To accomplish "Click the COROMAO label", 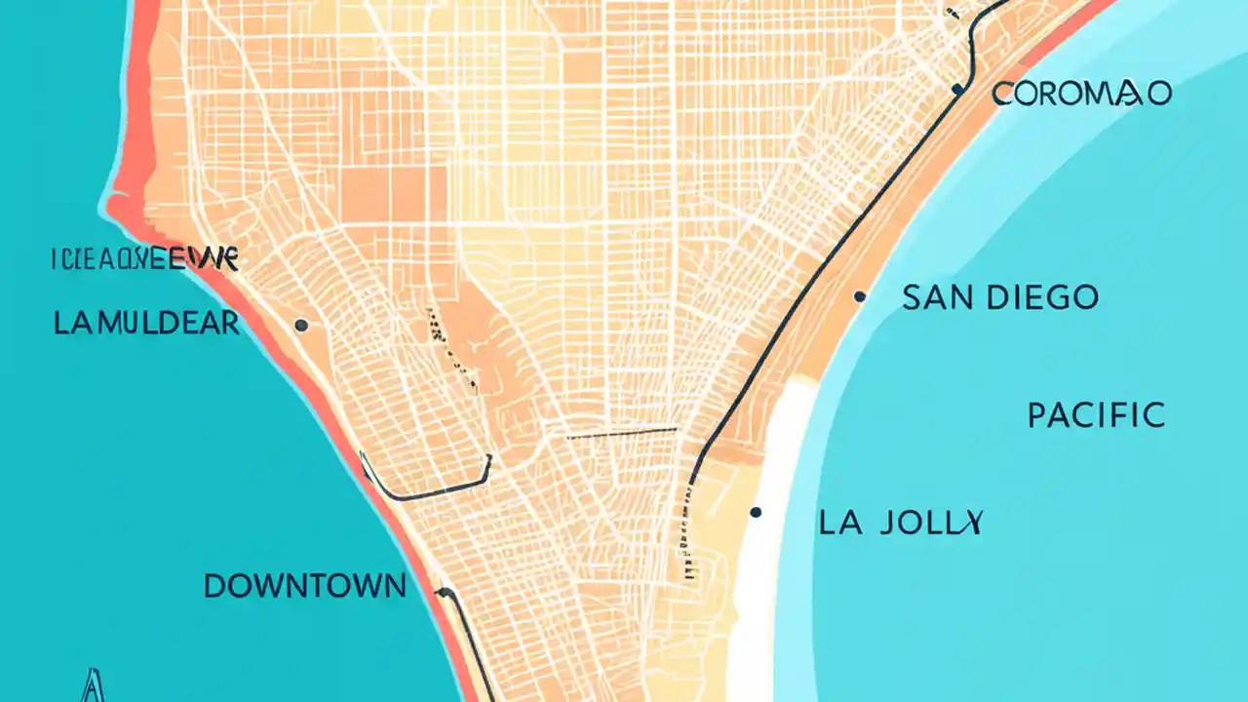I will tap(1081, 94).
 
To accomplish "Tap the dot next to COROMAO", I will tap(957, 90).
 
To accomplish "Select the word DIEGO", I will tap(1042, 297).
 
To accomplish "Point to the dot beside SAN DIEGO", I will tap(859, 296).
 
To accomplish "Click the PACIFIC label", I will tap(1096, 415).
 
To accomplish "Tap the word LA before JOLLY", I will tap(839, 523).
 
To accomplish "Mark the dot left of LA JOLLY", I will tap(756, 512).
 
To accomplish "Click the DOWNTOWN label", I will tap(304, 586).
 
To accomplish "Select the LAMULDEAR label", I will tap(146, 324).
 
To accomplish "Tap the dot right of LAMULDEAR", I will tap(300, 325).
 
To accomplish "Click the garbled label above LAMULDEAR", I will tap(143, 259).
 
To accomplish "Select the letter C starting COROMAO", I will tap(1003, 94).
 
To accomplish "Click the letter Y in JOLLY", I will tap(970, 523).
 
